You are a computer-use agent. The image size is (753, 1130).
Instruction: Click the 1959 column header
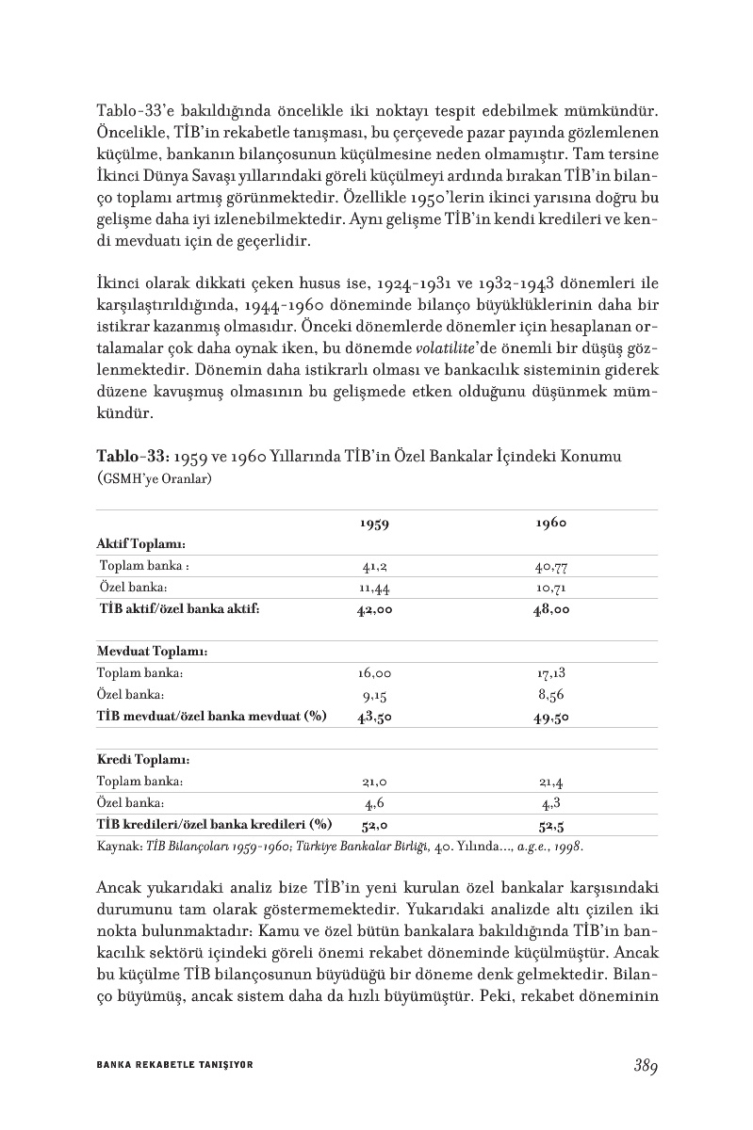click(375, 525)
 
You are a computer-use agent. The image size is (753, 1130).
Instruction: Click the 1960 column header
click(551, 524)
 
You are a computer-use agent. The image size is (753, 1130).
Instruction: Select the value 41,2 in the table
click(375, 567)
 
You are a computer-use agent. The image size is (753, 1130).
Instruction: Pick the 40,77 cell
click(551, 567)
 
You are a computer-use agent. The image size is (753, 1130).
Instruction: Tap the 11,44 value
click(375, 588)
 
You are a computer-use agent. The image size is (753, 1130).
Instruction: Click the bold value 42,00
click(375, 609)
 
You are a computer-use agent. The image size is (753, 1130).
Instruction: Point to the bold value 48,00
click(551, 609)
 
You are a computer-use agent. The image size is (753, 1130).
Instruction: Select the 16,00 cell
click(375, 673)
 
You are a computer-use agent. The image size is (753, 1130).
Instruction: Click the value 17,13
click(551, 673)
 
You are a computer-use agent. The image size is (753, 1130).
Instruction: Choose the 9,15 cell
click(375, 695)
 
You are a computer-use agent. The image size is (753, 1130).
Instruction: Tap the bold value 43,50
click(375, 717)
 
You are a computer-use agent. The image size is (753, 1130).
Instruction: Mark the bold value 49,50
click(551, 717)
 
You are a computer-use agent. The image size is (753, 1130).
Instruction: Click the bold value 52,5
click(551, 825)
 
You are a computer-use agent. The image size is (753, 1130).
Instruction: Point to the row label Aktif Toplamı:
click(141, 545)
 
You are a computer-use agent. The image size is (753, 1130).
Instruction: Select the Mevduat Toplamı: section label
click(152, 652)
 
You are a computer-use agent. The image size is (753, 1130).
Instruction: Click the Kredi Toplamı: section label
click(144, 759)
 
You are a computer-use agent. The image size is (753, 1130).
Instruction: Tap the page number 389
click(645, 1065)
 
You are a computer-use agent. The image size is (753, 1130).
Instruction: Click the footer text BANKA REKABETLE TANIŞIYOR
click(175, 1064)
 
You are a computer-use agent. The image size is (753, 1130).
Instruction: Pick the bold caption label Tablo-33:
click(131, 457)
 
